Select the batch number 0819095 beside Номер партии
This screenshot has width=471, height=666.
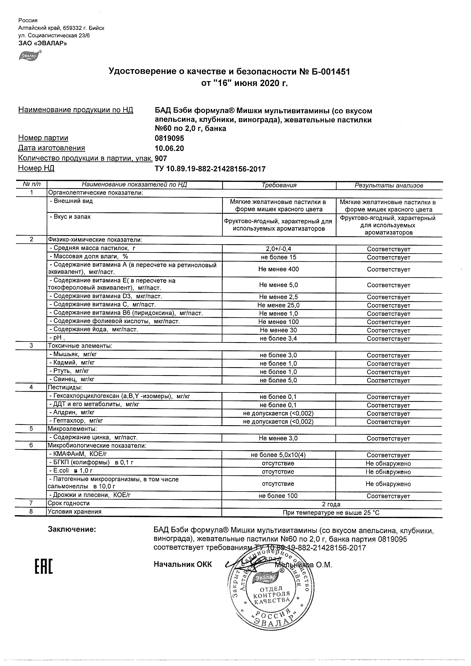click(x=169, y=138)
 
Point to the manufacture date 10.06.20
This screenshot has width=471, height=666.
click(x=169, y=148)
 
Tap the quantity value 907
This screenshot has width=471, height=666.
click(x=161, y=158)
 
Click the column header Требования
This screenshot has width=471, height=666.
click(x=279, y=185)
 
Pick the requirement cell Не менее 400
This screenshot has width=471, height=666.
click(x=278, y=269)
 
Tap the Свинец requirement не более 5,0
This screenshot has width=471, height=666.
click(x=278, y=380)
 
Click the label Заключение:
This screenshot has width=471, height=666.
click(x=72, y=529)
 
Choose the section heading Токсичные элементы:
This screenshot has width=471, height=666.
click(x=80, y=346)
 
